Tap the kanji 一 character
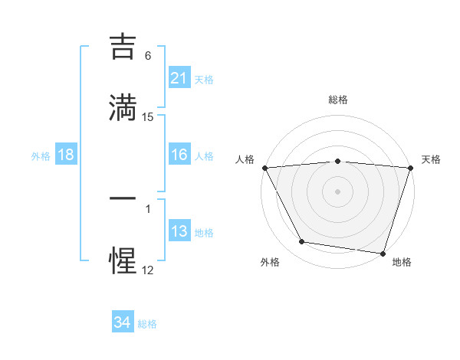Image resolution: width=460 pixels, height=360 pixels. [123, 198]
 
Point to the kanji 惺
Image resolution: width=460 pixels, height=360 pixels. [123, 260]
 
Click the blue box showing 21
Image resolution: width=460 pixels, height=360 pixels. [179, 78]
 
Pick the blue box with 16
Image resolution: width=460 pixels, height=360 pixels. [179, 155]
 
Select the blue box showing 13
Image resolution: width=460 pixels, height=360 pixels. [179, 231]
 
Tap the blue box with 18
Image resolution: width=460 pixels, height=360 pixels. [66, 155]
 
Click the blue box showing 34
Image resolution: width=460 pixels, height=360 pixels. [123, 322]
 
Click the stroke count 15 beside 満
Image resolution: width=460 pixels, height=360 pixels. [148, 117]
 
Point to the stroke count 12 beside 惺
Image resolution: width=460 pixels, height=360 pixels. [148, 270]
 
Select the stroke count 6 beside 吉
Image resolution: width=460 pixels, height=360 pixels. [148, 56]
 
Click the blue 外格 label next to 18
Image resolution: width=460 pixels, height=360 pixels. [41, 155]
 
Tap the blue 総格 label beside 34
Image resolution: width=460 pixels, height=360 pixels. [147, 323]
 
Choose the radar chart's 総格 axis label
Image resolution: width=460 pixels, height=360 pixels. [337, 100]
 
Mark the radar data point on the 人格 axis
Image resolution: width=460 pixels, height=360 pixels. [265, 168]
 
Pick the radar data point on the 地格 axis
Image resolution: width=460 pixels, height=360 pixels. [383, 253]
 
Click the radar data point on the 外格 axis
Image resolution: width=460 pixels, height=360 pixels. [302, 242]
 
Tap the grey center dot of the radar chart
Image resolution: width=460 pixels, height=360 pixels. [337, 191]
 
